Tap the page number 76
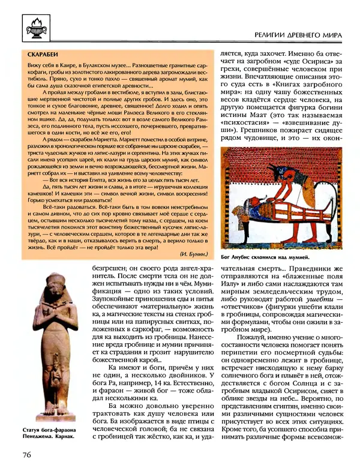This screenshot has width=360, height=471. coord(22,455)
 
